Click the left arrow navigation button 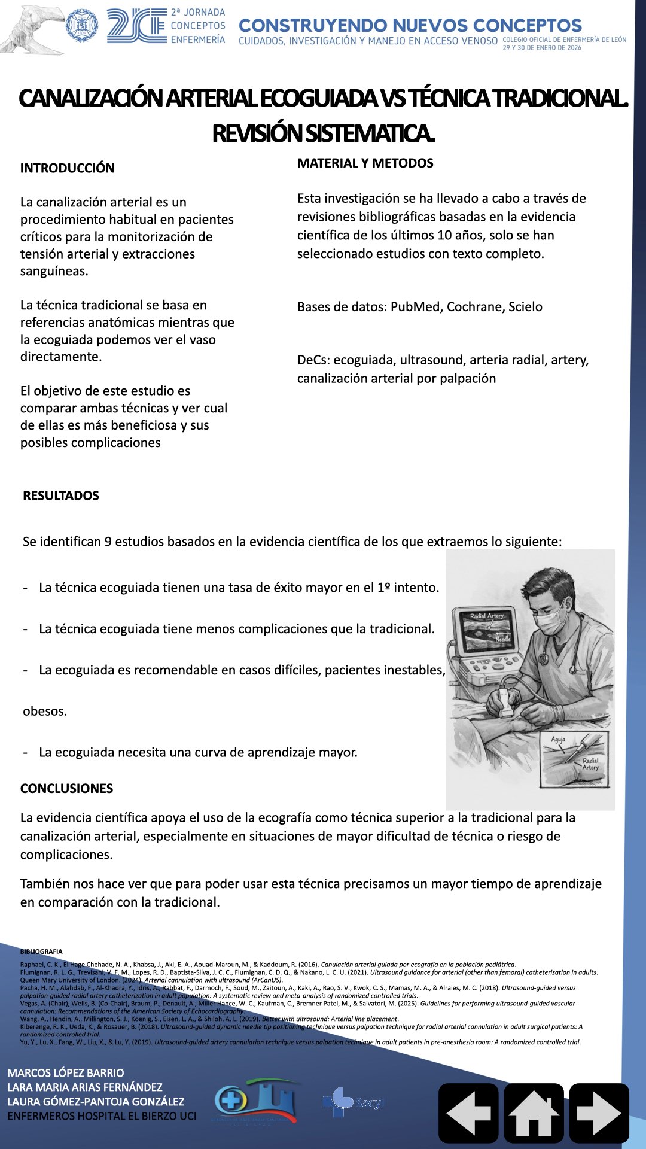coord(468,1112)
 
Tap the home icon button coord(534,1112)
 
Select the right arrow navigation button coord(599,1112)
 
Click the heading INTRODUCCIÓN coord(67,168)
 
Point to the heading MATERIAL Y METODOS coord(365,163)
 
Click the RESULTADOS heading coord(61,496)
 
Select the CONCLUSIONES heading coord(66,788)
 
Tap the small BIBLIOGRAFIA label coord(41,952)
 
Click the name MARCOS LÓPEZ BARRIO coord(66,1073)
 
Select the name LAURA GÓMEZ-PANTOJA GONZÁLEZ coord(96,1102)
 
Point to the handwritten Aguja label coord(558,740)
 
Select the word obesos coord(45,712)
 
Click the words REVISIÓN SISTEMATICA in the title coord(323,133)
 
